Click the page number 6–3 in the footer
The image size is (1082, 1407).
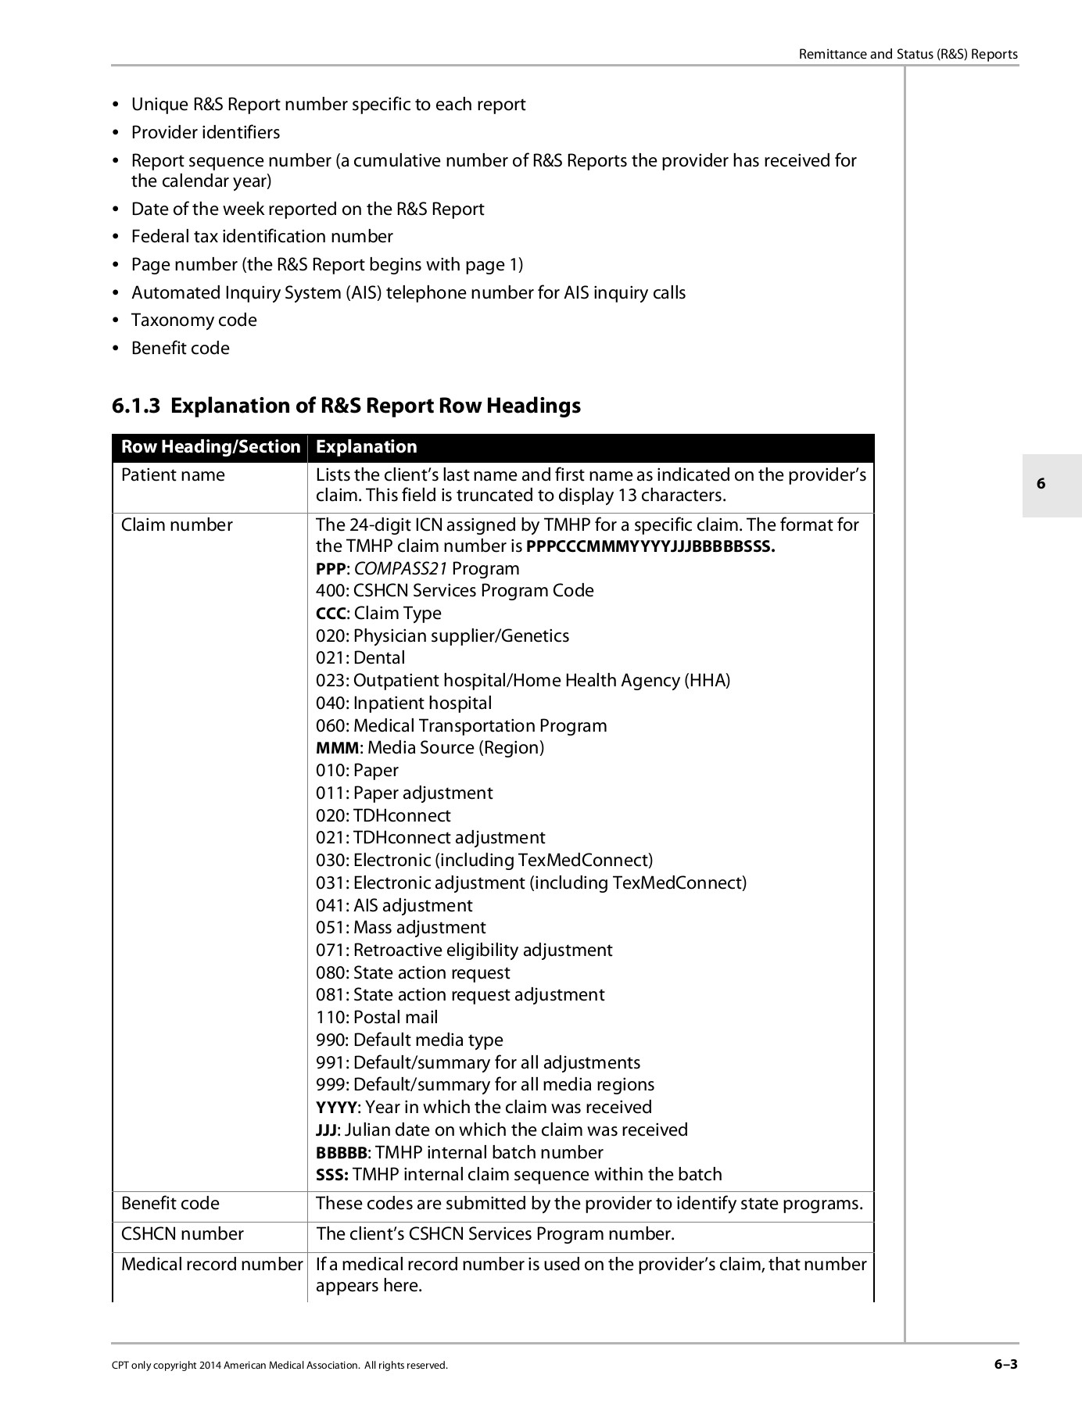pyautogui.click(x=1005, y=1365)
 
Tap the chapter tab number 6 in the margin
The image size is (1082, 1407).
pyautogui.click(x=1041, y=484)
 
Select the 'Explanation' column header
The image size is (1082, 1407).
pyautogui.click(x=366, y=447)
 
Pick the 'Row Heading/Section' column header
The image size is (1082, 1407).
pyautogui.click(x=210, y=447)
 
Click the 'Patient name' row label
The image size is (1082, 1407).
pyautogui.click(x=173, y=475)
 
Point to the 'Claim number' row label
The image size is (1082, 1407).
pyautogui.click(x=177, y=525)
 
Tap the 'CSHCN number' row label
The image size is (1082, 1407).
pyautogui.click(x=182, y=1233)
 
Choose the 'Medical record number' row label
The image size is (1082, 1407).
pyautogui.click(x=212, y=1264)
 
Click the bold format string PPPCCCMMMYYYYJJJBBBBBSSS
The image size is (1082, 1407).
pyautogui.click(x=650, y=546)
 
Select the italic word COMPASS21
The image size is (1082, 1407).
pyautogui.click(x=400, y=569)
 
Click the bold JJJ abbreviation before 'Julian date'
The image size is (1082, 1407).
pyautogui.click(x=326, y=1130)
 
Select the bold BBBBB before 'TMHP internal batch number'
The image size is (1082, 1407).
pyautogui.click(x=342, y=1153)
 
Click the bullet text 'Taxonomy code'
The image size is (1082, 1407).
pyautogui.click(x=194, y=320)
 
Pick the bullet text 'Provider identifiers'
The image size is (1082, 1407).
pyautogui.click(x=206, y=133)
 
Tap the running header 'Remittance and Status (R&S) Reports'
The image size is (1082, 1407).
pyautogui.click(x=908, y=54)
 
